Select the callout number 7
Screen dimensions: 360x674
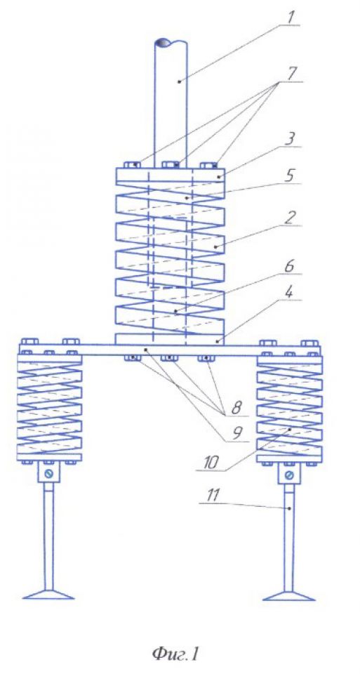coord(292,72)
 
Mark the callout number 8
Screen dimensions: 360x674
coord(236,408)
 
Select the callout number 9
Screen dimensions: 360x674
coord(236,434)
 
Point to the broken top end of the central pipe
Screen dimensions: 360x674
coord(171,44)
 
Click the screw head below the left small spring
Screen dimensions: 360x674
coord(48,475)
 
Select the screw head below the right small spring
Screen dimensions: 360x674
coord(289,475)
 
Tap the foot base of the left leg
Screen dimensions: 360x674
coord(48,595)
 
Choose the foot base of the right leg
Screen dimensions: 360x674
coord(289,595)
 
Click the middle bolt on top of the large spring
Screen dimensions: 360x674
coord(171,164)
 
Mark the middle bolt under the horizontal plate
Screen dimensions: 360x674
coord(171,358)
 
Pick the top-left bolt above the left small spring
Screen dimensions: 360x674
coord(29,342)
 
